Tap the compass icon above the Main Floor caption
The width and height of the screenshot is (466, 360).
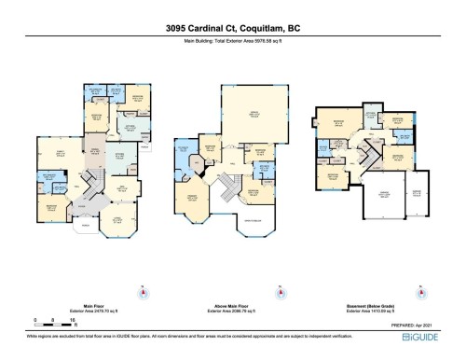pyautogui.click(x=142, y=292)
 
